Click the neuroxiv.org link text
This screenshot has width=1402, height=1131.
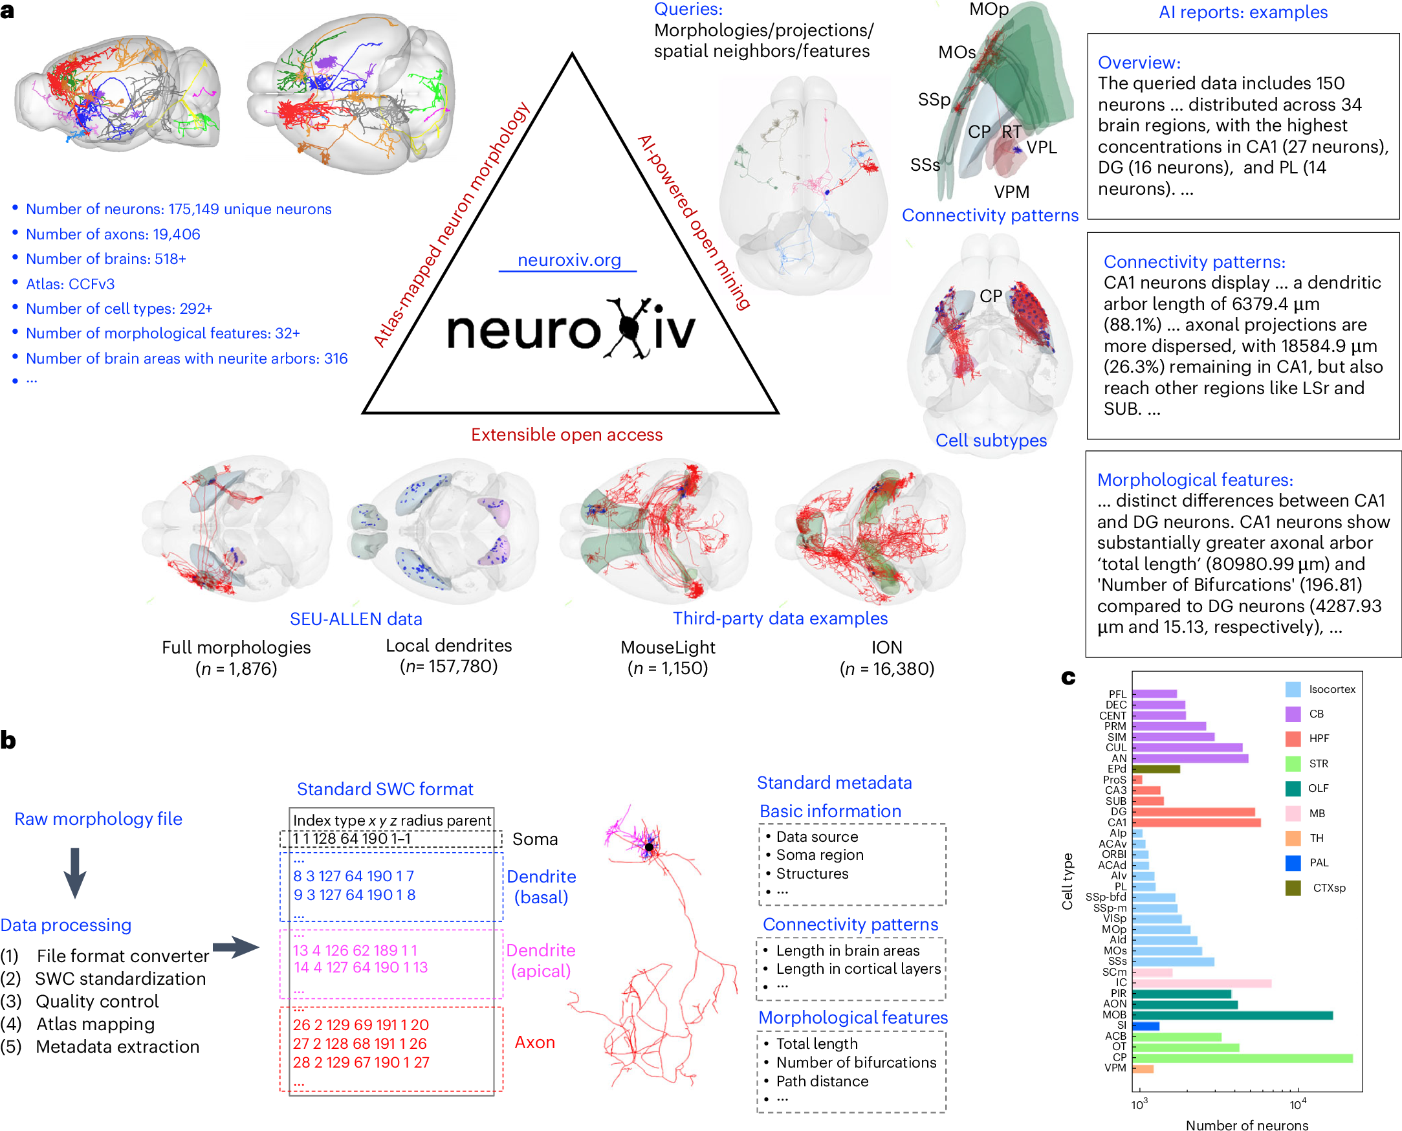pos(569,260)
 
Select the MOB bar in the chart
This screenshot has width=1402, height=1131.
pos(1231,1015)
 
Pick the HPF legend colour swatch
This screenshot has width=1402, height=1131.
pos(1293,739)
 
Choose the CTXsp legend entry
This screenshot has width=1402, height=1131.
pos(1328,888)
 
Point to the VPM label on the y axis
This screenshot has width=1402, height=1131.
pos(1115,1068)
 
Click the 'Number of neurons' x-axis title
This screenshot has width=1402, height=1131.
pos(1246,1125)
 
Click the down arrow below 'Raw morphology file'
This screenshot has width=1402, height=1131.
pos(75,872)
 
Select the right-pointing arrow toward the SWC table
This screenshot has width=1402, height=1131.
pos(235,947)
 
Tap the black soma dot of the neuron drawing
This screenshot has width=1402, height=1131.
pos(649,847)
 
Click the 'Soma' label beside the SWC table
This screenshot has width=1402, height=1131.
pos(535,839)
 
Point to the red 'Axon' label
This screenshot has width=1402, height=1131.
pos(535,1042)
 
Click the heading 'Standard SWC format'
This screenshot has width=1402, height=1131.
pos(385,789)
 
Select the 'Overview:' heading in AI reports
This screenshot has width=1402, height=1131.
pos(1139,63)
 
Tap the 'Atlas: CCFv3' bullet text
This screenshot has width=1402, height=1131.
pos(71,284)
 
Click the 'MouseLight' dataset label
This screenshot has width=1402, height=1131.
pos(668,647)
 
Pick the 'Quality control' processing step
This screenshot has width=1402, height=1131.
pos(97,1002)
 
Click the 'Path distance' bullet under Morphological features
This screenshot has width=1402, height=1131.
pos(822,1081)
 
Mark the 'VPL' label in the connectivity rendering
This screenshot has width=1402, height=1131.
pos(1041,148)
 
